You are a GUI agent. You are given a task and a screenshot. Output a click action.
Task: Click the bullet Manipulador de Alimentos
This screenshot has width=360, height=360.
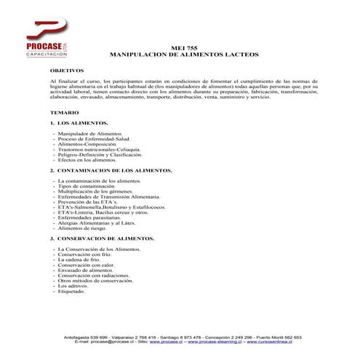pyautogui.click(x=90, y=135)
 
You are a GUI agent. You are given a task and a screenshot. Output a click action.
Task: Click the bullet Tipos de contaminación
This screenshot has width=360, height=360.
pyautogui.click(x=86, y=186)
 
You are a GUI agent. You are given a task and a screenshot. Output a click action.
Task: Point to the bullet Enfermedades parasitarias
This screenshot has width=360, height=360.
pyautogui.click(x=90, y=217)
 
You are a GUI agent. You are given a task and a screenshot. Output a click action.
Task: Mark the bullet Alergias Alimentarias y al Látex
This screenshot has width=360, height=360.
pyautogui.click(x=100, y=223)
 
